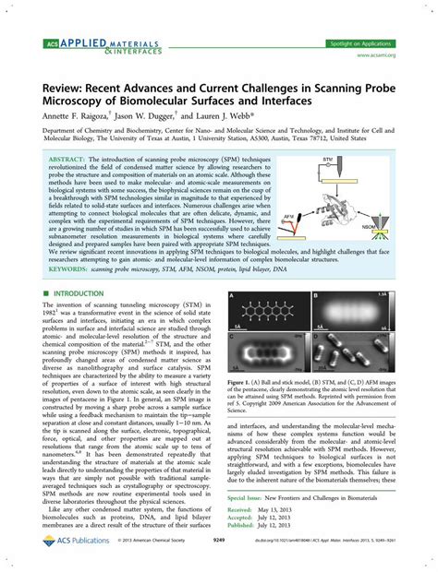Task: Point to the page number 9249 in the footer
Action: point(219,560)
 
